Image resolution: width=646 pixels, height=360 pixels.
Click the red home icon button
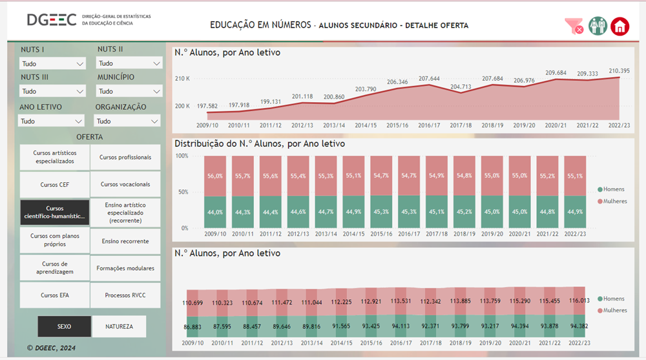[x=620, y=26]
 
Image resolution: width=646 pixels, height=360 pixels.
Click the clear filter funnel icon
[x=574, y=26]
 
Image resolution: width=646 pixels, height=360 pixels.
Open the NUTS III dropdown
[x=52, y=92]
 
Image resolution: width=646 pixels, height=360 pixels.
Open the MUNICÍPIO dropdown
[x=129, y=92]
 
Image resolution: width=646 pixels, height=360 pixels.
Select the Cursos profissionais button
[x=126, y=157]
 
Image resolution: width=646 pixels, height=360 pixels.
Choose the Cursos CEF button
[x=54, y=185]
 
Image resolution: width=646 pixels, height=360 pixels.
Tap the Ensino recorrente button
[x=126, y=241]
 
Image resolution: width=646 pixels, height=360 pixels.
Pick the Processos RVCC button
[x=126, y=295]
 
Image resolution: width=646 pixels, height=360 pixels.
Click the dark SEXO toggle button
[x=64, y=326]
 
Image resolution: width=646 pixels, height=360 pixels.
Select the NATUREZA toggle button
[x=119, y=326]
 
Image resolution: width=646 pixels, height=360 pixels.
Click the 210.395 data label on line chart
[x=620, y=70]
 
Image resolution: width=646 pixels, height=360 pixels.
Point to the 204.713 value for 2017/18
[x=461, y=87]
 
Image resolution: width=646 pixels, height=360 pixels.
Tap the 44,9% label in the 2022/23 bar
[x=576, y=212]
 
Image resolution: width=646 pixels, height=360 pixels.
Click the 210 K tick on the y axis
[x=182, y=79]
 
